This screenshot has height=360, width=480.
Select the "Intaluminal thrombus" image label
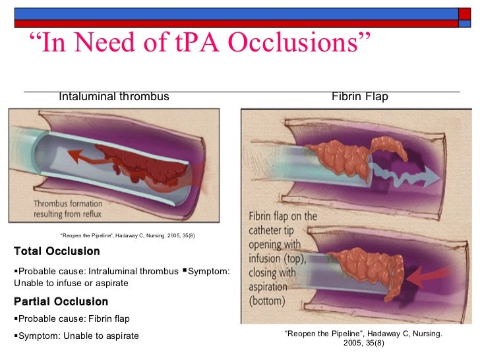[x=114, y=97]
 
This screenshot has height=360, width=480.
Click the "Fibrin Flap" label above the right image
[x=360, y=97]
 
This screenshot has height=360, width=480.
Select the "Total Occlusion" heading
[x=57, y=251]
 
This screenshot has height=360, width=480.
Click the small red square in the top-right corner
[x=465, y=13]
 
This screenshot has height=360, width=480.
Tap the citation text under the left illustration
[x=127, y=235]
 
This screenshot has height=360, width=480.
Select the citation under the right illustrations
[x=363, y=338]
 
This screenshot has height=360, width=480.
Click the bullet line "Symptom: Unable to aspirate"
[x=76, y=336]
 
